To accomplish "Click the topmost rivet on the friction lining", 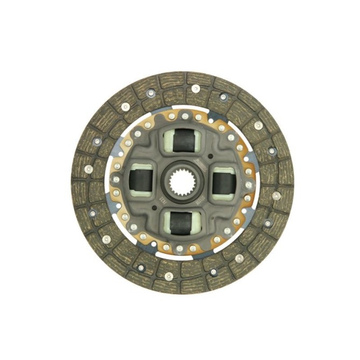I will coord(195,88).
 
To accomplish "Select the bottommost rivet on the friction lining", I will coord(169,276).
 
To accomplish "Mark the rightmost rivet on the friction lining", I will coord(276,196).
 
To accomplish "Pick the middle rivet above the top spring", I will coord(185,116).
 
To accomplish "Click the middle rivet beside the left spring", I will coord(116,180).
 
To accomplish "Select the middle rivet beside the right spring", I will coord(249,185).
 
